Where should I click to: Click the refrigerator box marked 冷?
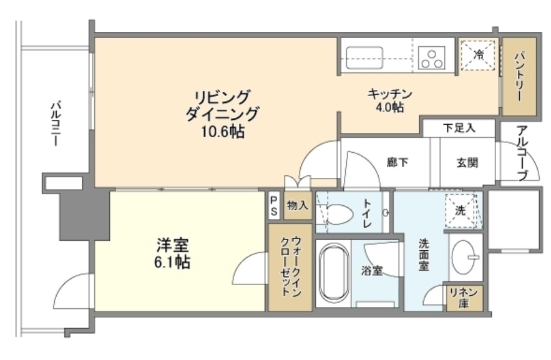pyautogui.click(x=479, y=56)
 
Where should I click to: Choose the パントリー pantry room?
pyautogui.click(x=519, y=77)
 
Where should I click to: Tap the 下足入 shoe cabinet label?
pyautogui.click(x=460, y=128)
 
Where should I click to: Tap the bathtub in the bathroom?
pyautogui.click(x=333, y=272)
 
